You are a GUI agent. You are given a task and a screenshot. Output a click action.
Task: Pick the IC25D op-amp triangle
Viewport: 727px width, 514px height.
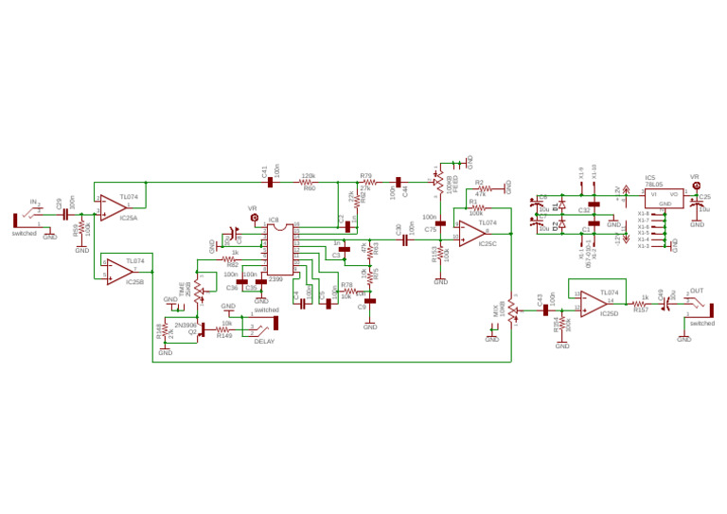pyautogui.click(x=595, y=302)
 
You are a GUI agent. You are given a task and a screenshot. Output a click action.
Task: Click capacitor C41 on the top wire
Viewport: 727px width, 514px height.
pyautogui.click(x=271, y=181)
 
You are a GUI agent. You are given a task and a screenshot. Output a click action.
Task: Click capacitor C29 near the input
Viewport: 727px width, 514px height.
pyautogui.click(x=65, y=215)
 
